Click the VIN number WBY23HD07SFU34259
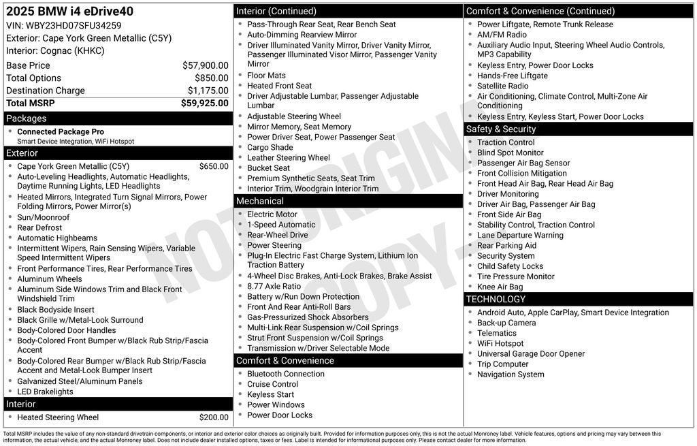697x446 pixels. [x=74, y=26]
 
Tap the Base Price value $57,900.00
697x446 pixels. [x=206, y=65]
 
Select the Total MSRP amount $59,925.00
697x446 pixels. [x=205, y=103]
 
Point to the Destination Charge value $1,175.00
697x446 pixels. [x=208, y=91]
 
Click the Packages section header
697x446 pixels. [x=27, y=118]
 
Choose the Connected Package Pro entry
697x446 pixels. [x=61, y=132]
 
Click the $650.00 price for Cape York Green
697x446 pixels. [x=214, y=166]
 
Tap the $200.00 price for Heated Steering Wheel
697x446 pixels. [x=214, y=417]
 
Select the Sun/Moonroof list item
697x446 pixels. [x=44, y=217]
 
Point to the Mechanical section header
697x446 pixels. [x=259, y=201]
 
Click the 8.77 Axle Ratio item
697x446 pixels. [x=274, y=286]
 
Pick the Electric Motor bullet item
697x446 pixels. [x=272, y=214]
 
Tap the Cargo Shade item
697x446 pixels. [x=270, y=147]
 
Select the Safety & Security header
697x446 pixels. [x=501, y=129]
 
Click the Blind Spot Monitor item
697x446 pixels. [x=510, y=153]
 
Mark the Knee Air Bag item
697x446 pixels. [x=500, y=287]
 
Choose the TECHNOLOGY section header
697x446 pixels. [x=496, y=299]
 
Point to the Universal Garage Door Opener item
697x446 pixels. [x=531, y=353]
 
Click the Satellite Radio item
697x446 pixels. [x=503, y=86]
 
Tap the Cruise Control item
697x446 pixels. [x=273, y=384]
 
